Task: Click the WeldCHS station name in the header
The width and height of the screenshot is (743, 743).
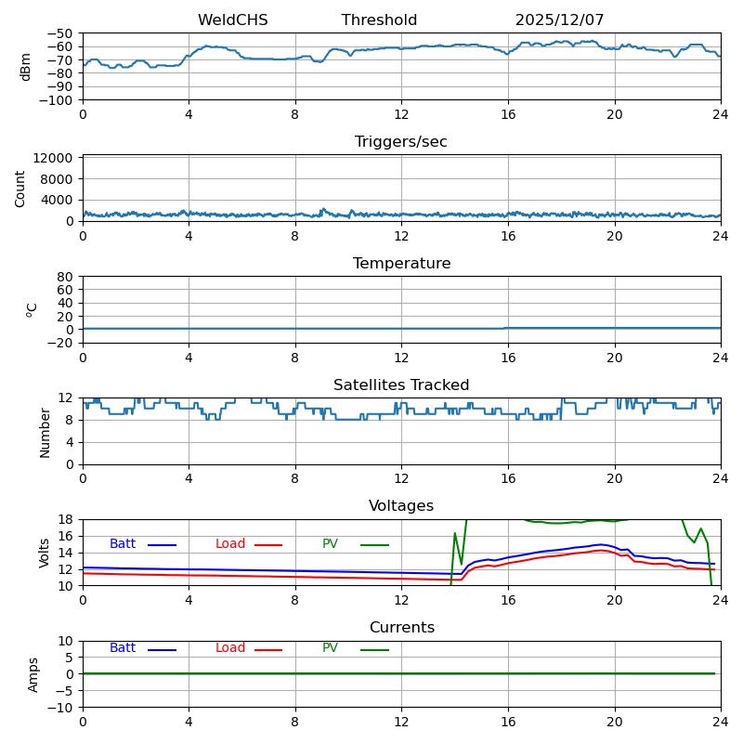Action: pos(232,20)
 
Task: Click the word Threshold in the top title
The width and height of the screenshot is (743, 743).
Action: pos(379,20)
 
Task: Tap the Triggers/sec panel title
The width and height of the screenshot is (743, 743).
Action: pos(401,142)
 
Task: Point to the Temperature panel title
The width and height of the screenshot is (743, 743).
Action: pos(401,264)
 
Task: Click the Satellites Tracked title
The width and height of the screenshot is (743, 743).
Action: pos(401,385)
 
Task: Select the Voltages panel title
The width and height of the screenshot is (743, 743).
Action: pos(401,506)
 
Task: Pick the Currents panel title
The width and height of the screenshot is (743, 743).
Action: pos(401,628)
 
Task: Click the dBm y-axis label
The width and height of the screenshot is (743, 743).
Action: pos(26,66)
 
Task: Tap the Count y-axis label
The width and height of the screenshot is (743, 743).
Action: pos(20,188)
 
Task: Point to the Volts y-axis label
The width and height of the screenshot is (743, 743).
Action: pos(45,553)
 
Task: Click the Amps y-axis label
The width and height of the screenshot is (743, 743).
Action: pos(33,674)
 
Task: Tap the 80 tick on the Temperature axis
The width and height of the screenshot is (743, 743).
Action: pos(65,277)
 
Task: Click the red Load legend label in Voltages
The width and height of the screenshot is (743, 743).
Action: pos(230,544)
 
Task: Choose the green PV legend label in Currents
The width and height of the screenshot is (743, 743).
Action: pos(330,648)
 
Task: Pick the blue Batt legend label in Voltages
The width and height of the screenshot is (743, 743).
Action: pos(123,544)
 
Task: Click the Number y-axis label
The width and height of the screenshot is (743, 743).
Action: pos(45,432)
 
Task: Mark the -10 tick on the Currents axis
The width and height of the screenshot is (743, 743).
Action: pos(61,708)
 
